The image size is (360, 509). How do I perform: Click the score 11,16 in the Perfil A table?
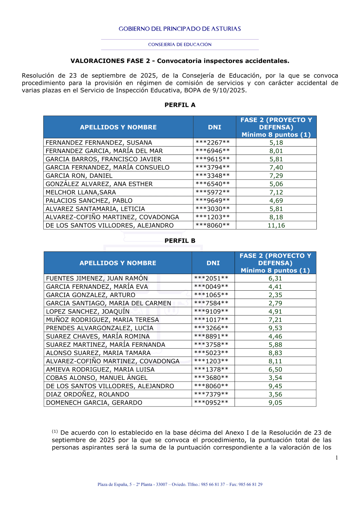click(x=276, y=226)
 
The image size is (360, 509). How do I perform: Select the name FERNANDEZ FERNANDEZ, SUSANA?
click(x=99, y=143)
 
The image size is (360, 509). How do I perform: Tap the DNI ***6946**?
click(x=212, y=151)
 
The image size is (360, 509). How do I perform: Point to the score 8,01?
click(x=276, y=151)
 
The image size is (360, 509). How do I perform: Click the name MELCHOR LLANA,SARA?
click(x=81, y=192)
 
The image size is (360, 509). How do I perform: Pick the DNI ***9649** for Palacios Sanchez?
click(x=212, y=201)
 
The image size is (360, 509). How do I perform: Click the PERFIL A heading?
click(x=180, y=105)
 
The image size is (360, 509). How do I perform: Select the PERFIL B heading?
click(x=180, y=241)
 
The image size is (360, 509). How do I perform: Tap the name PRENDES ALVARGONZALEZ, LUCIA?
click(x=100, y=328)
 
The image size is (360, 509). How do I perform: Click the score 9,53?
click(x=275, y=328)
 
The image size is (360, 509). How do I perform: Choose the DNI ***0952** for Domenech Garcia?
click(x=211, y=403)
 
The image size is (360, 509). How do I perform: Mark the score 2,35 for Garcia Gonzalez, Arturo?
click(x=275, y=295)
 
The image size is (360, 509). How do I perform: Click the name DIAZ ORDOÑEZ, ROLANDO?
click(x=87, y=394)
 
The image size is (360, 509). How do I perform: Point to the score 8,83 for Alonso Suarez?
click(x=275, y=353)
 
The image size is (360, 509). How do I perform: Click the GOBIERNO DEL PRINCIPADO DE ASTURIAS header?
click(x=180, y=29)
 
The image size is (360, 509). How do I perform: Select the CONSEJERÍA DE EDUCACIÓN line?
click(x=180, y=45)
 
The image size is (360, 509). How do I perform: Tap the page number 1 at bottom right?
click(x=337, y=458)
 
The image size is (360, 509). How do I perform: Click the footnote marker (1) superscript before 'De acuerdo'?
click(x=55, y=431)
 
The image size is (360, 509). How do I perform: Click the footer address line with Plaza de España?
click(x=180, y=485)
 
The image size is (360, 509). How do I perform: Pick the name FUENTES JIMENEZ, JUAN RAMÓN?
click(x=97, y=278)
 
